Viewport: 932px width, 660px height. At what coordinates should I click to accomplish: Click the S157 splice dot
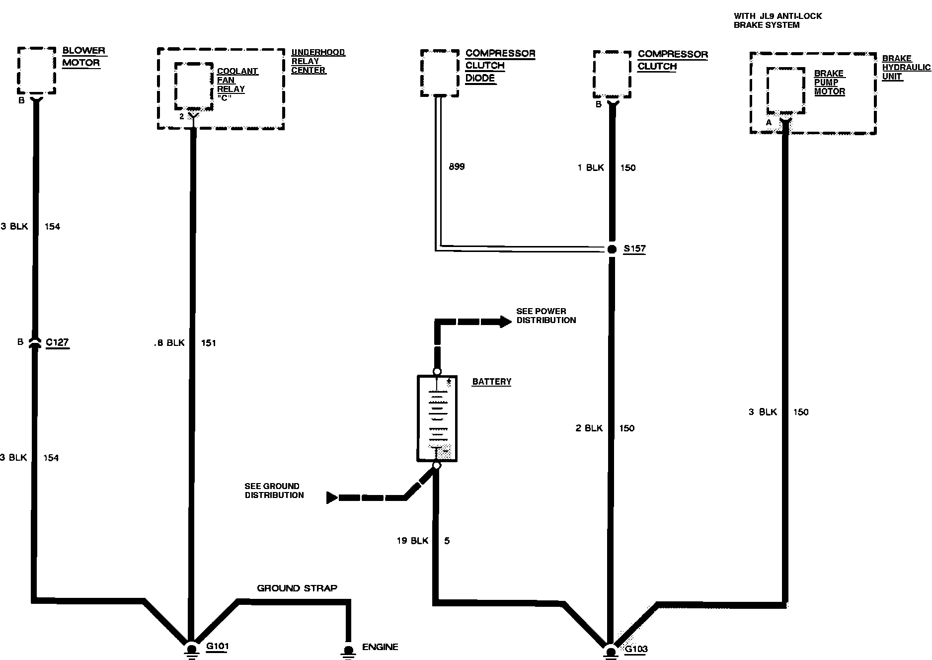(x=612, y=249)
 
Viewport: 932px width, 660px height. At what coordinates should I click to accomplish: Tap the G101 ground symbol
(x=191, y=649)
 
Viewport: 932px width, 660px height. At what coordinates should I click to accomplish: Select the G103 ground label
(x=636, y=649)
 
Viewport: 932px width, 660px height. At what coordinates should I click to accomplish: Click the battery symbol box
(x=437, y=418)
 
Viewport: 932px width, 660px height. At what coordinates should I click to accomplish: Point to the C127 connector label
(x=57, y=342)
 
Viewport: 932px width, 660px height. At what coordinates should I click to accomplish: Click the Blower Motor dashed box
(x=36, y=70)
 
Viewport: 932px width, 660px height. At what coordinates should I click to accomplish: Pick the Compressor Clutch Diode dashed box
(x=440, y=73)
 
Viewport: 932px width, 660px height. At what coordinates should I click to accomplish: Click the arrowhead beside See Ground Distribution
(x=332, y=497)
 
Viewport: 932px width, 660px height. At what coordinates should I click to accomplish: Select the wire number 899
(x=457, y=166)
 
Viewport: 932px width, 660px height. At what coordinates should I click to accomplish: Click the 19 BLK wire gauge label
(x=412, y=541)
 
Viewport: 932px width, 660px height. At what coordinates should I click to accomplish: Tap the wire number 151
(x=209, y=343)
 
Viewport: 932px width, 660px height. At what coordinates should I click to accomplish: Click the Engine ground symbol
(x=348, y=650)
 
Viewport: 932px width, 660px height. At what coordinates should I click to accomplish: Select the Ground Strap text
(x=297, y=588)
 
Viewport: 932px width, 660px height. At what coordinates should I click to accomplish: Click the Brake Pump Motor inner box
(x=785, y=90)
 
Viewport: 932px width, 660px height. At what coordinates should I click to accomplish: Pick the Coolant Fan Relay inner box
(x=194, y=86)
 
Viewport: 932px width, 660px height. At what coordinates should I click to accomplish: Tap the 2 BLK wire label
(x=589, y=428)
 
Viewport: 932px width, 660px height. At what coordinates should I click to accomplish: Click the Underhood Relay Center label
(x=317, y=61)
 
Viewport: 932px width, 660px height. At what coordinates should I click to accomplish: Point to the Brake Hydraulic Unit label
(x=906, y=68)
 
